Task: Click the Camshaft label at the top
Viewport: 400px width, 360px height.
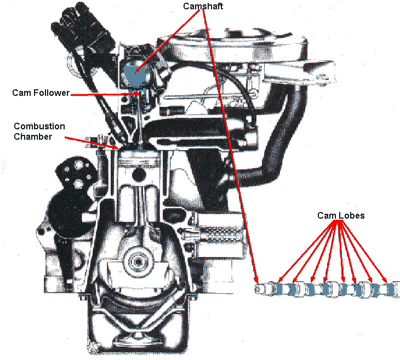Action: click(x=204, y=6)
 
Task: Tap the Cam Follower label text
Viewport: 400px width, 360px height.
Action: click(x=41, y=93)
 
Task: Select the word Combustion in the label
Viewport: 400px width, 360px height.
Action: click(x=39, y=126)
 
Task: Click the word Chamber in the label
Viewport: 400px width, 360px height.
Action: click(x=33, y=136)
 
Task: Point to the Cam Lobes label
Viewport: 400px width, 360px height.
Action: click(x=341, y=215)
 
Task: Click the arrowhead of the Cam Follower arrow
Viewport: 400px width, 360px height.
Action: click(x=139, y=94)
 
